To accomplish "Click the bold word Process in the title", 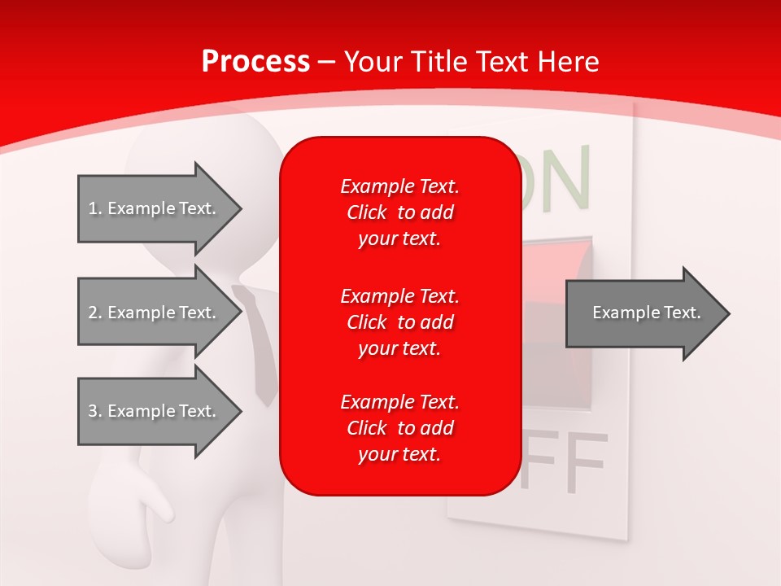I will (255, 62).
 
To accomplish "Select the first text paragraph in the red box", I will (399, 212).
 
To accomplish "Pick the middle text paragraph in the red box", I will (399, 322).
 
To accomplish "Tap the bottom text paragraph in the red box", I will (399, 428).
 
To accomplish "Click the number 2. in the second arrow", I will (95, 313).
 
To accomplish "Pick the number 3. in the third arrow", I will (95, 411).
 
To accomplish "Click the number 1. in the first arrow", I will (95, 208).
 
